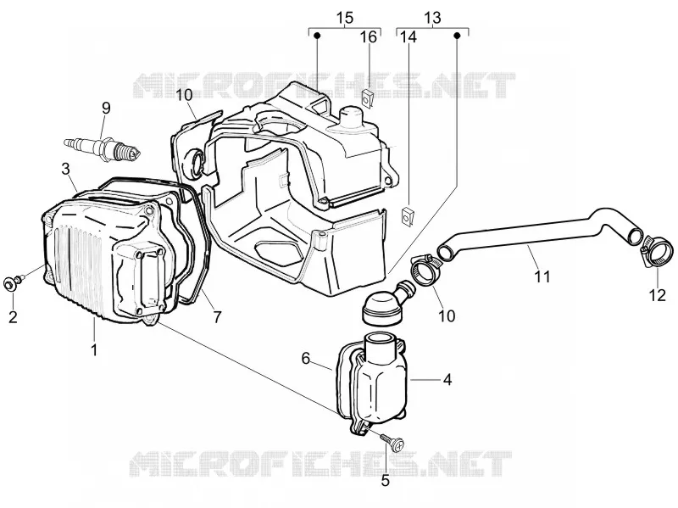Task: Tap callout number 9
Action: tap(106, 108)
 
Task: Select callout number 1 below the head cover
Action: tap(94, 349)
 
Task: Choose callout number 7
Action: tap(217, 317)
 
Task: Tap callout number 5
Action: tap(385, 480)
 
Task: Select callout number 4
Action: tap(447, 379)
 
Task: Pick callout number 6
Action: tap(306, 358)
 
